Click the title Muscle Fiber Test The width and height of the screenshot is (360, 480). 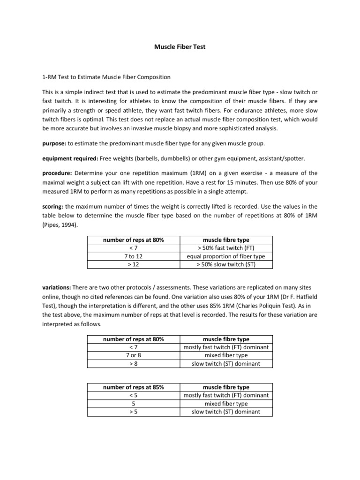180,47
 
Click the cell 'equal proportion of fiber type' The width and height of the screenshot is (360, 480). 225,256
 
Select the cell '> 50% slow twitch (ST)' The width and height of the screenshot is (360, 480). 225,264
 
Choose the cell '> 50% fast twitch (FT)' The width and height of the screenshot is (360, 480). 225,248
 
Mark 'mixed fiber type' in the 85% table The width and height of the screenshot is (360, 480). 225,404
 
